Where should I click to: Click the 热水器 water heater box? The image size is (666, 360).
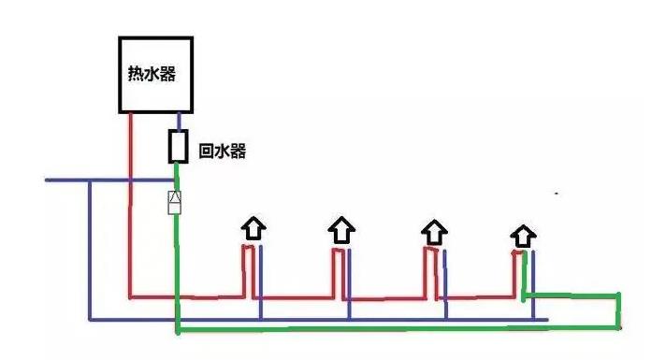click(x=154, y=74)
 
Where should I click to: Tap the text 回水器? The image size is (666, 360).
click(x=223, y=150)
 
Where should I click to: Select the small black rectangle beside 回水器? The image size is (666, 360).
click(x=178, y=147)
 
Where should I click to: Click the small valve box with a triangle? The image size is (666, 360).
click(x=174, y=201)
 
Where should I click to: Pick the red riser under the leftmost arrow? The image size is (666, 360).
click(x=245, y=271)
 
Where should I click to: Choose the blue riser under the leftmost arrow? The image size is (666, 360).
click(x=260, y=281)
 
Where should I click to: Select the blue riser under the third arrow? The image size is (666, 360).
click(x=445, y=281)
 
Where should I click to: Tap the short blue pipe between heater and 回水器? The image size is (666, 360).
click(x=178, y=121)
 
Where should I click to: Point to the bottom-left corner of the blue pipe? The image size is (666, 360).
click(x=89, y=319)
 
